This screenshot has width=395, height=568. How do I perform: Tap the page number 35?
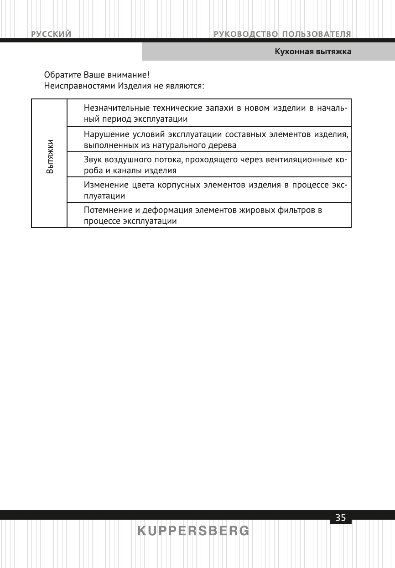(x=340, y=518)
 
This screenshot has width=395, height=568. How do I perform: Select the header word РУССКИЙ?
(x=51, y=34)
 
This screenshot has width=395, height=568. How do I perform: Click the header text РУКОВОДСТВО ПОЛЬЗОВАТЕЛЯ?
(x=282, y=34)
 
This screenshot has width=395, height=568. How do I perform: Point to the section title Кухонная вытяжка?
(x=312, y=52)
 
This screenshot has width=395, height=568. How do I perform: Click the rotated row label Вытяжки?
(x=49, y=156)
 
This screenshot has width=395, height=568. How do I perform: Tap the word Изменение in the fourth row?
(x=104, y=186)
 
